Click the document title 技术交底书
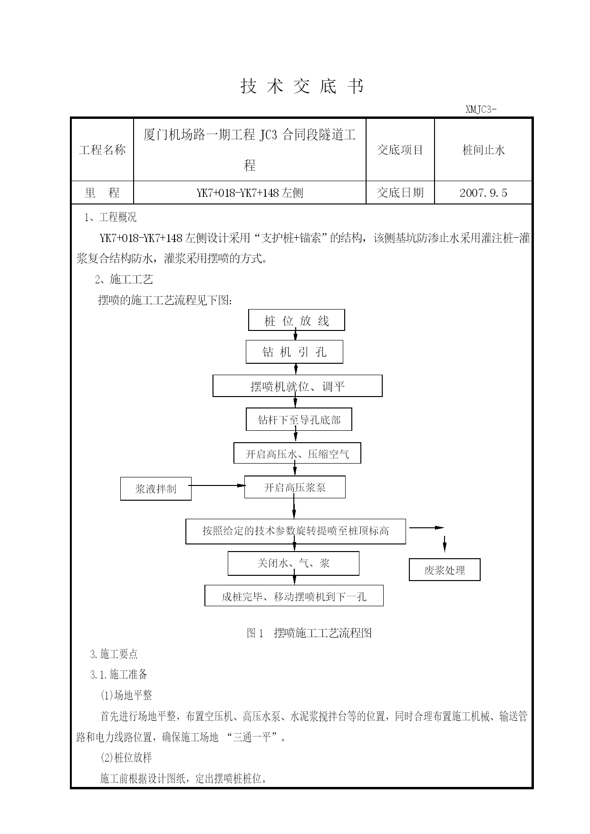[x=302, y=86]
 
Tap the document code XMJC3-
[x=481, y=109]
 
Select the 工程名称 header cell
[x=102, y=150]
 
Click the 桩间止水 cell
[x=484, y=150]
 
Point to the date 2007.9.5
[x=484, y=193]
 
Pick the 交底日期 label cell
[x=400, y=193]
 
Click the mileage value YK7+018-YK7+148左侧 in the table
[x=250, y=193]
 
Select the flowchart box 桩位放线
[x=297, y=320]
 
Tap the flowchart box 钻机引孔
[x=294, y=352]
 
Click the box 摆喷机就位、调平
[x=298, y=386]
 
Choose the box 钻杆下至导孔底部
[x=299, y=419]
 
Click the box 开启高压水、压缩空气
[x=297, y=453]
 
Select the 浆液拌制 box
[x=156, y=489]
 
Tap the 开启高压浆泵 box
[x=295, y=487]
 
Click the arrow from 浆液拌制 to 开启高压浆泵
[x=218, y=485]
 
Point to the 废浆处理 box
[x=445, y=570]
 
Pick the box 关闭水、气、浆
[x=293, y=563]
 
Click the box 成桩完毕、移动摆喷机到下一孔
[x=294, y=595]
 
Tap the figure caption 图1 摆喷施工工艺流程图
[x=309, y=633]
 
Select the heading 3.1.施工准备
[x=119, y=674]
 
